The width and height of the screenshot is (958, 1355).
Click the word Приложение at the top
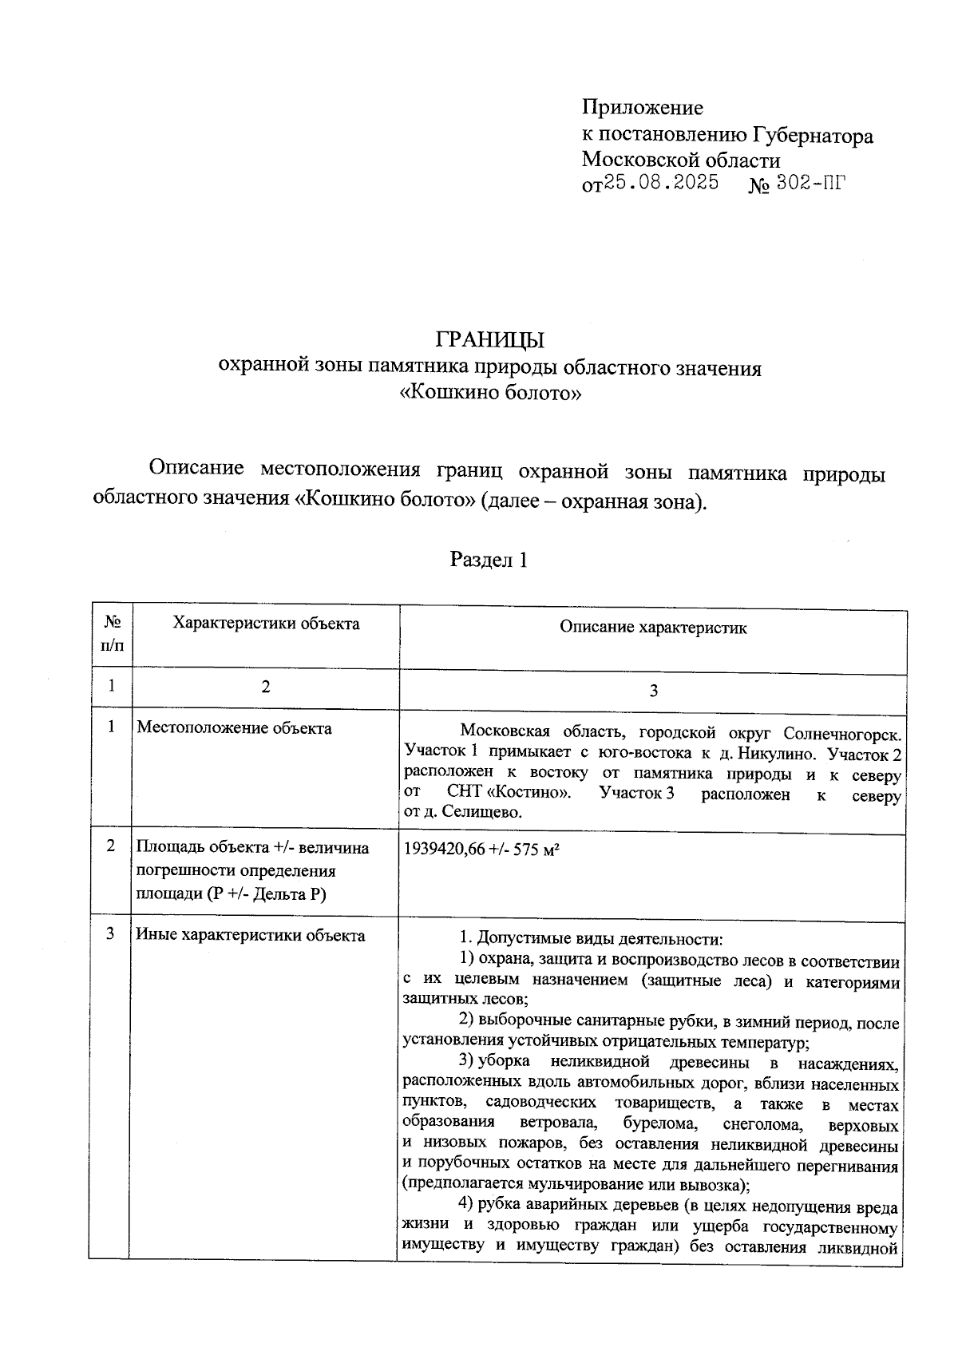point(643,107)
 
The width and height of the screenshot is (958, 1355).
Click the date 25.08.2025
point(661,183)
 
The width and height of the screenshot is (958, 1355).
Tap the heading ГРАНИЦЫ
point(490,339)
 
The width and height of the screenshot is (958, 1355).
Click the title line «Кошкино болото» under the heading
point(489,393)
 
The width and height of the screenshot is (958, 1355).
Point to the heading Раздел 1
point(489,560)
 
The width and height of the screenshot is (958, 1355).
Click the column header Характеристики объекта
point(266,624)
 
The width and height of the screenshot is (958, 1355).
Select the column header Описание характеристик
point(652,628)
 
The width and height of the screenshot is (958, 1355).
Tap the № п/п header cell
point(112,632)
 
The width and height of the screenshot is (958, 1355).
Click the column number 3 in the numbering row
point(653,691)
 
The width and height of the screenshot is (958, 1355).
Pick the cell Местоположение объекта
point(234,727)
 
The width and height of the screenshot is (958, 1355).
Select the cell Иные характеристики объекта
point(251,935)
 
